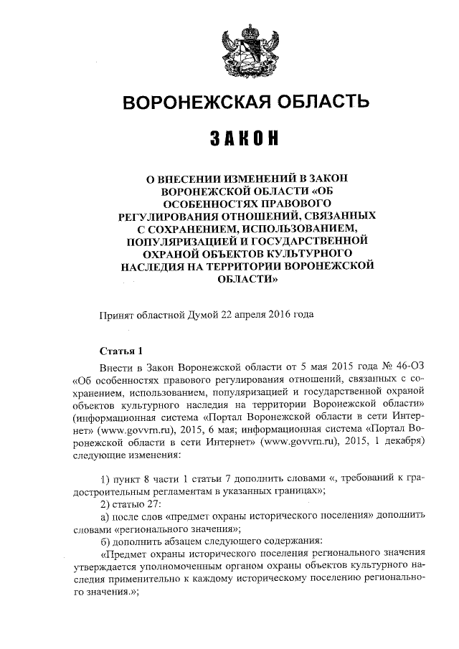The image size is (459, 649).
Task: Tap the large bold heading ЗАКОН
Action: point(245,138)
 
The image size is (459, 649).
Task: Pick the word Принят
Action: point(115,314)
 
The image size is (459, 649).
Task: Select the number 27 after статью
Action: point(156,503)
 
